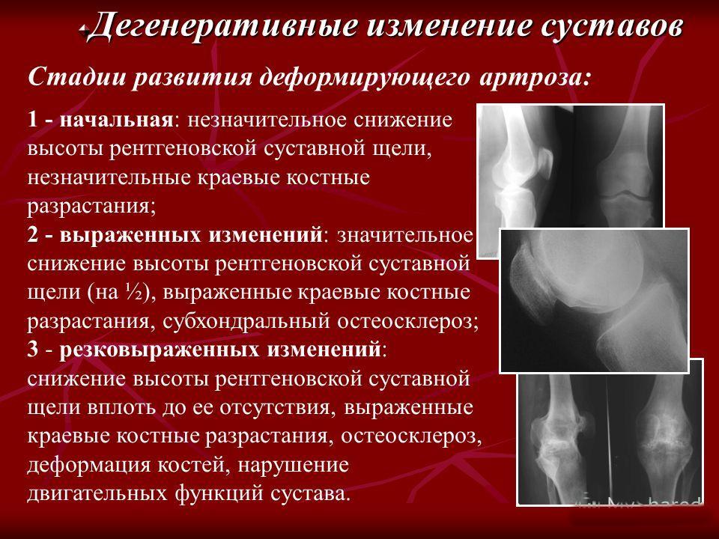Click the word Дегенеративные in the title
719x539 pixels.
pyautogui.click(x=223, y=27)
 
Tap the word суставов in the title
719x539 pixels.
pyautogui.click(x=610, y=27)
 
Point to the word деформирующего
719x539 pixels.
pyautogui.click(x=364, y=78)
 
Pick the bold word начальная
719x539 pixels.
pyautogui.click(x=117, y=120)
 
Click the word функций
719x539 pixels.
pyautogui.click(x=219, y=493)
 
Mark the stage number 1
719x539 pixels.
pyautogui.click(x=33, y=120)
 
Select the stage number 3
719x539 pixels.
pyautogui.click(x=33, y=350)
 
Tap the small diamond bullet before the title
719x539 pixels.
pyautogui.click(x=83, y=29)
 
